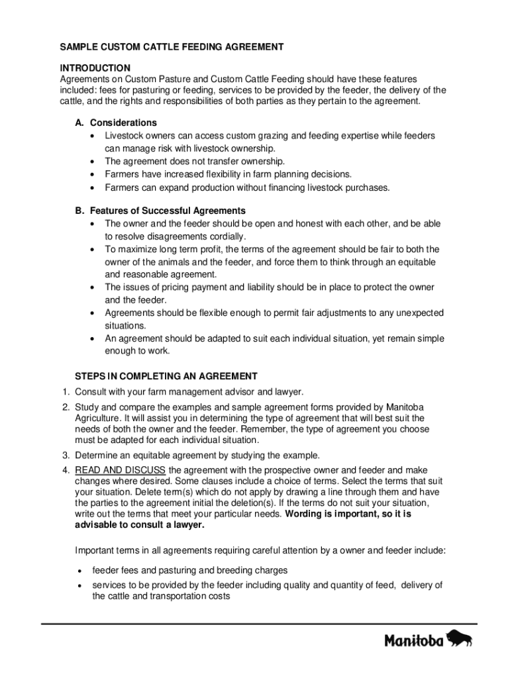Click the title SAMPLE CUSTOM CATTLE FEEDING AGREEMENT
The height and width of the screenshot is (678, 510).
172,47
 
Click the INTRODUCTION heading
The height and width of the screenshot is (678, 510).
95,68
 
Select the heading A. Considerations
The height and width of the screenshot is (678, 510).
116,122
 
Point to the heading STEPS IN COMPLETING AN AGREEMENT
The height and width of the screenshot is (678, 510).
166,376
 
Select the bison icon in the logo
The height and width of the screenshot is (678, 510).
460,639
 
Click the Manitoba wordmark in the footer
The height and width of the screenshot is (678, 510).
414,641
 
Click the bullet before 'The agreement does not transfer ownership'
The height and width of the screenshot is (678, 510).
91,162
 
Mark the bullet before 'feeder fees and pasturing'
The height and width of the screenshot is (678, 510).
79,571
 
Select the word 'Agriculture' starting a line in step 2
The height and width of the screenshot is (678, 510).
99,418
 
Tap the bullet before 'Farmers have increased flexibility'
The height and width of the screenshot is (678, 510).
91,174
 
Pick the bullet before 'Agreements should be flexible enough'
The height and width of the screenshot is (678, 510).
91,313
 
